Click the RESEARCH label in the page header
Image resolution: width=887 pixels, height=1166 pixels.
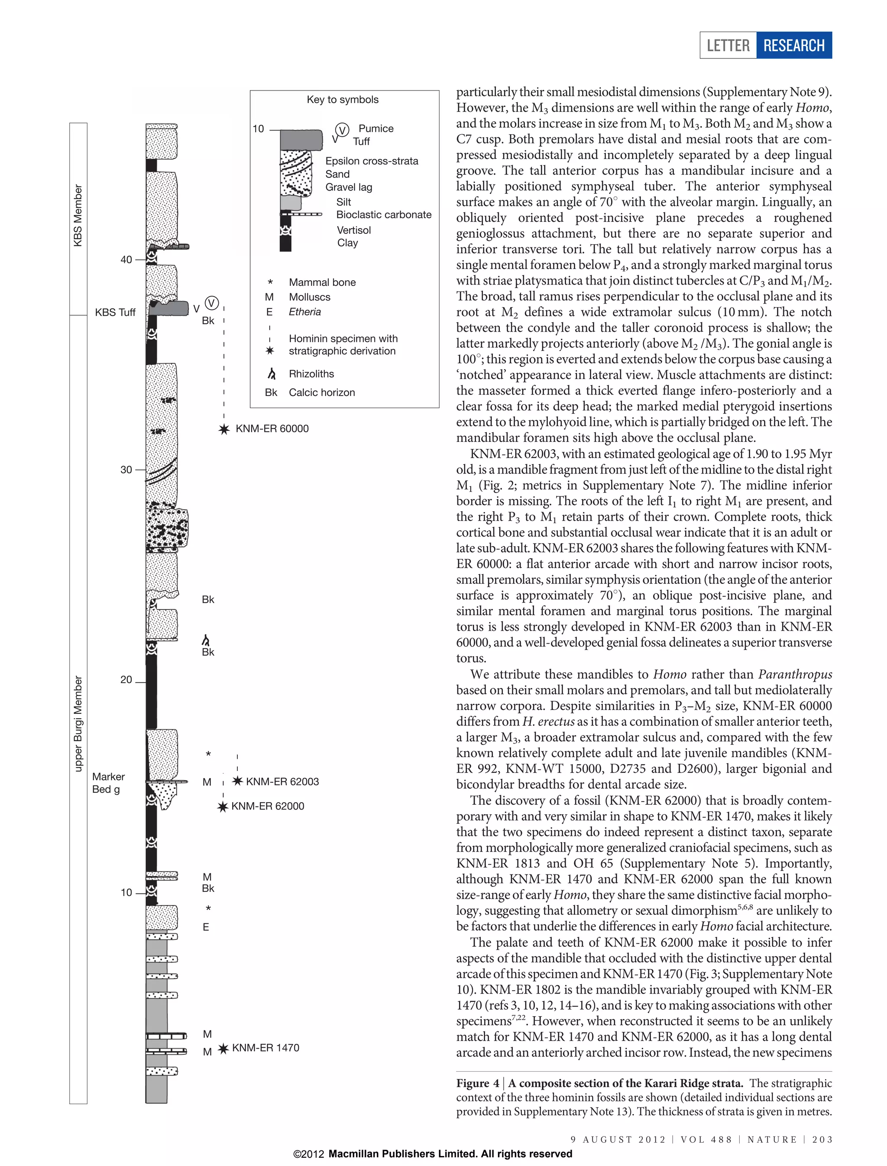coord(793,45)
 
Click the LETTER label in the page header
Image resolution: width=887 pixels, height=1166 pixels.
coord(728,45)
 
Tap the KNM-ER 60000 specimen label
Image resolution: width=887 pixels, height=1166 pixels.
coord(272,429)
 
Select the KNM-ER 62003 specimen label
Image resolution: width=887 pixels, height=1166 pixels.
coord(282,781)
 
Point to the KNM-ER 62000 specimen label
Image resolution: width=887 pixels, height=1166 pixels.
coord(267,806)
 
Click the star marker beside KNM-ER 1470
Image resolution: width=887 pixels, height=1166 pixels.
coord(223,1048)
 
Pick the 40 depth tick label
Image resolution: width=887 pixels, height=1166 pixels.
coord(126,260)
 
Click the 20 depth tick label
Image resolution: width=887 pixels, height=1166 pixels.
coord(126,680)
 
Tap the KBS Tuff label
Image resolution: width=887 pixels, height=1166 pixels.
coord(115,313)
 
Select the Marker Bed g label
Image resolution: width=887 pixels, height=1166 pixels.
coord(108,783)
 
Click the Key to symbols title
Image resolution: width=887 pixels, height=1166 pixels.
coord(343,100)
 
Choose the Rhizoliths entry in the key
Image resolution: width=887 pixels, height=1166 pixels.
coord(311,374)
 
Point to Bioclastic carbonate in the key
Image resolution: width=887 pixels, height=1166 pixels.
coord(384,215)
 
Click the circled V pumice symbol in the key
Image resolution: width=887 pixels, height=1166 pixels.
coord(342,130)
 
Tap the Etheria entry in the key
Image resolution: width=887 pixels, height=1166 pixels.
coord(304,312)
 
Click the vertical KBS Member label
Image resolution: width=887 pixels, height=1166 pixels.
coord(78,215)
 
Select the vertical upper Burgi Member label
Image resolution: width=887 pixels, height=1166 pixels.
coord(78,723)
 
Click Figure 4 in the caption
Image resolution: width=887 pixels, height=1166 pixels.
coord(477,1084)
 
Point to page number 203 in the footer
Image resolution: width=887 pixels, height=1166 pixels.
coord(822,1140)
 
